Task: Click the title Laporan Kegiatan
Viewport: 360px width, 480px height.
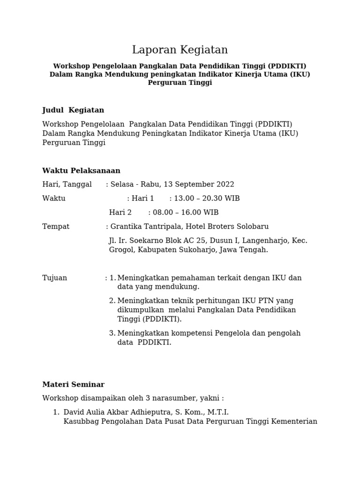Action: click(180, 50)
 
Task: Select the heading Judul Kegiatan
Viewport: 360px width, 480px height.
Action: click(73, 110)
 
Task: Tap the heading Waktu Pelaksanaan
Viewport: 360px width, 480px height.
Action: click(81, 171)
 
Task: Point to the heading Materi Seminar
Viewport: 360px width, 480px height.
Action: click(73, 384)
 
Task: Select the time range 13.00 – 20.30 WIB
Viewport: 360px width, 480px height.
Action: click(207, 199)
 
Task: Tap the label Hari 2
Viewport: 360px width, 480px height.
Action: click(120, 213)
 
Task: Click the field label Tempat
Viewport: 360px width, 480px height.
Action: click(56, 227)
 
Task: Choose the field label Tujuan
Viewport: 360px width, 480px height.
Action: click(54, 278)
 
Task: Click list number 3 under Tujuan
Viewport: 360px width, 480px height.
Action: click(112, 333)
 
